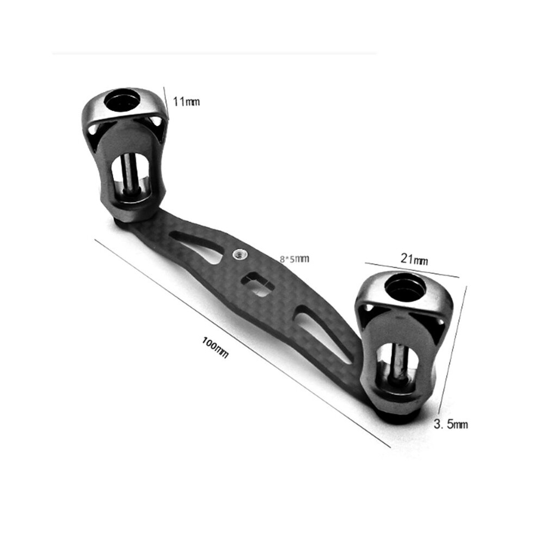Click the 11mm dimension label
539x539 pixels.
tap(186, 102)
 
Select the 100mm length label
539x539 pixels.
tap(215, 347)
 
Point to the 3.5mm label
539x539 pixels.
tap(450, 424)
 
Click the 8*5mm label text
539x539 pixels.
tap(294, 259)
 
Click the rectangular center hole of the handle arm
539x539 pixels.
tap(258, 284)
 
